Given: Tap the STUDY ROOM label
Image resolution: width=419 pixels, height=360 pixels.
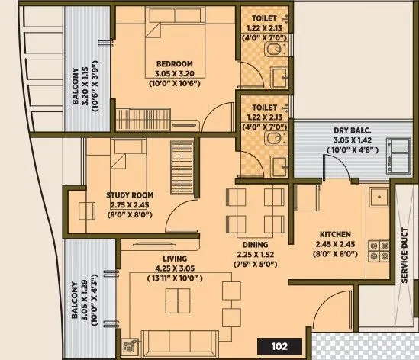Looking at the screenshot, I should point(129,194).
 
